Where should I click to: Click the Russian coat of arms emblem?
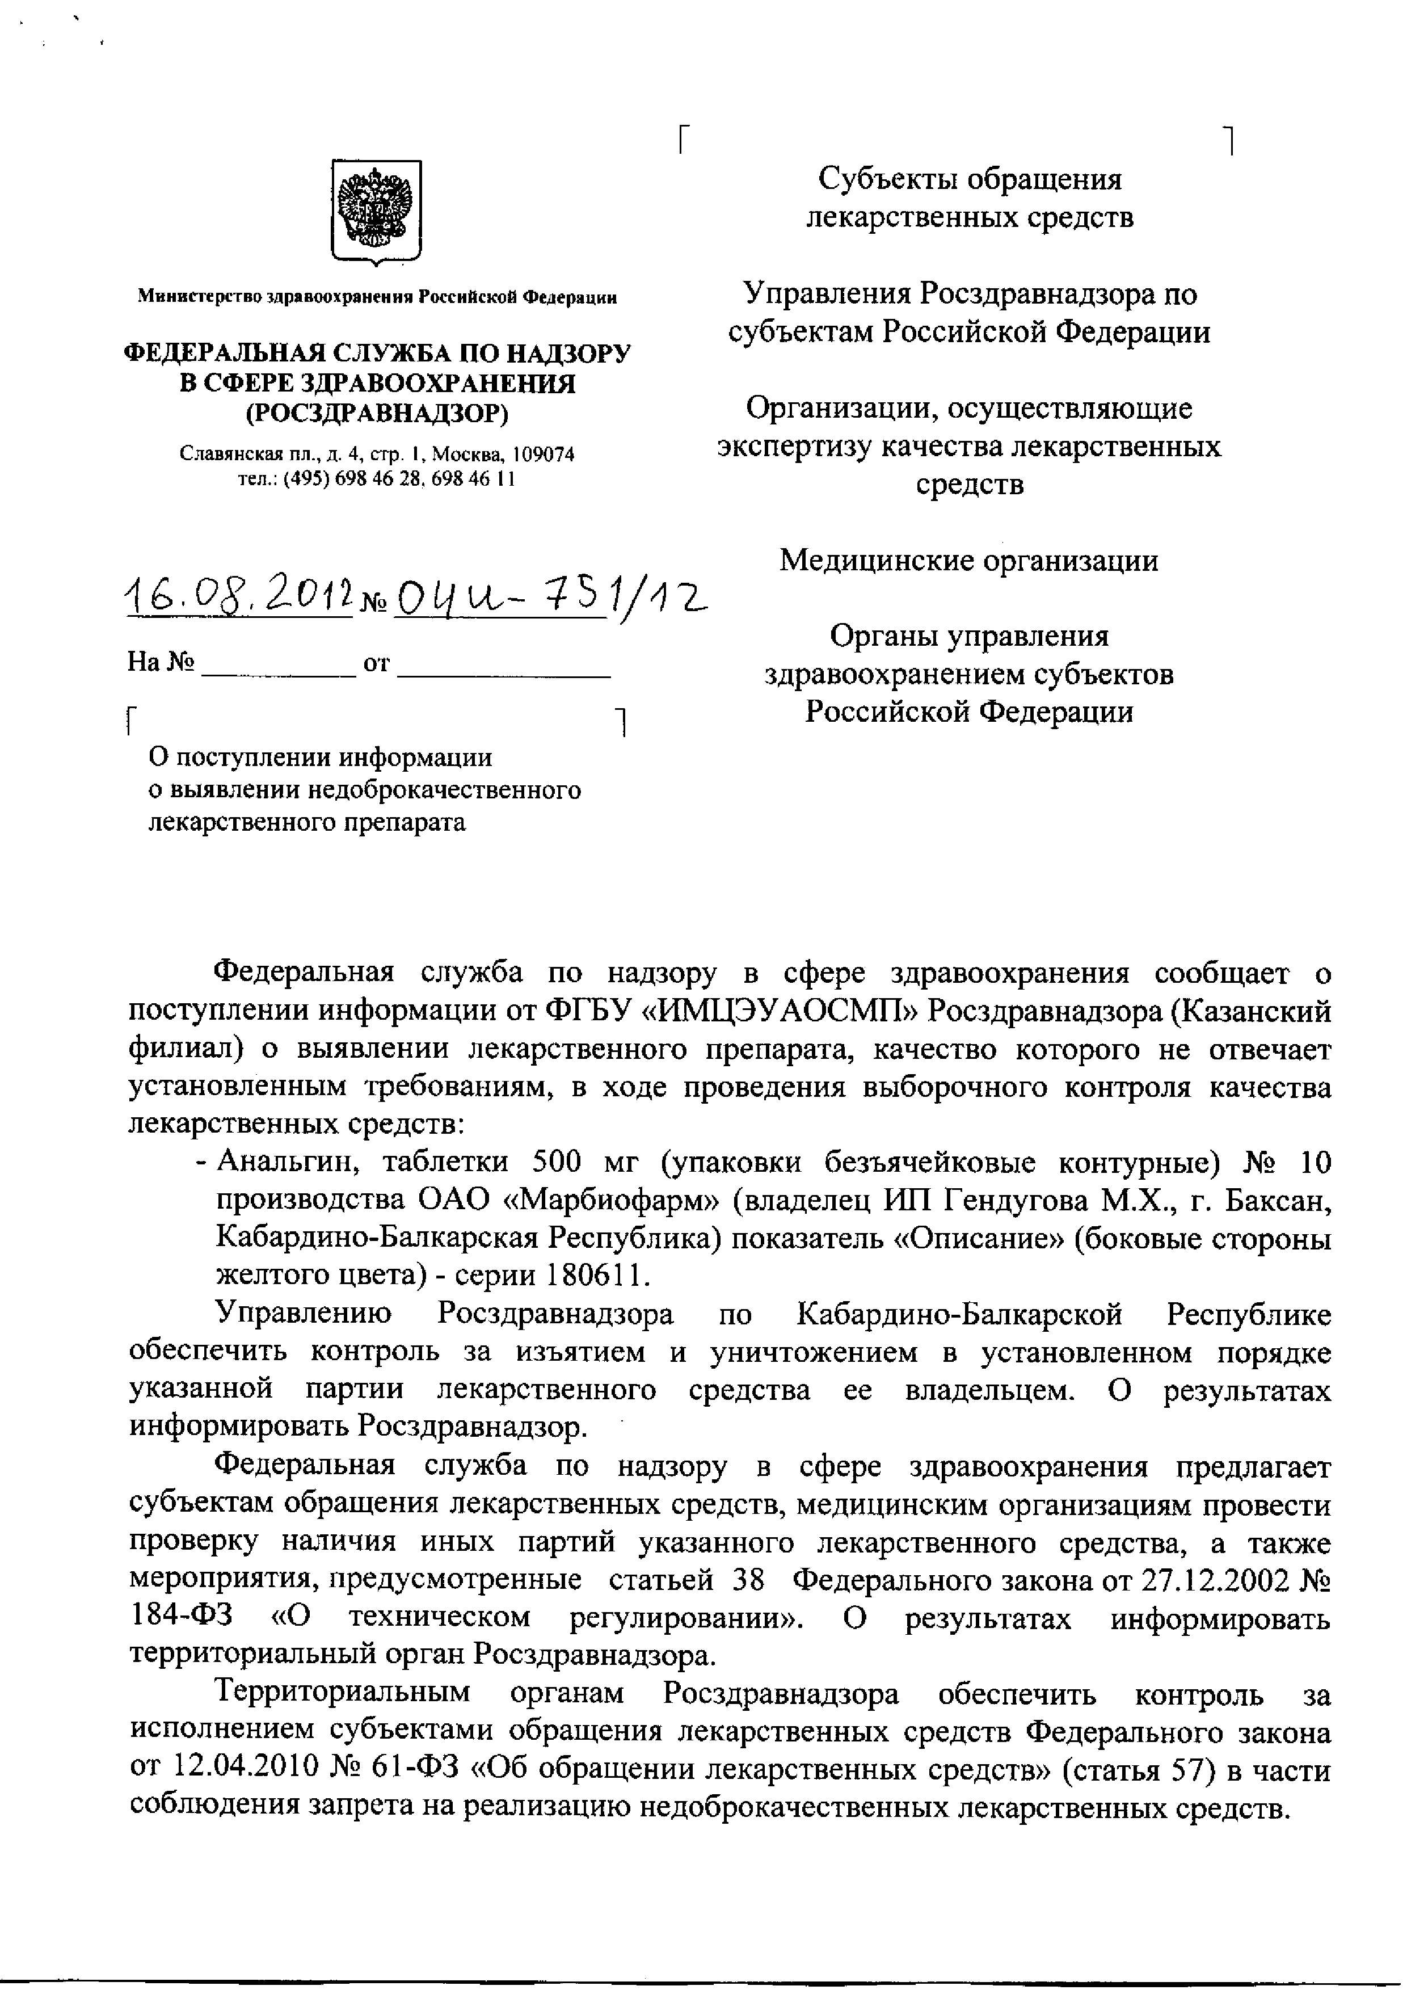377,212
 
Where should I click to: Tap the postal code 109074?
543,454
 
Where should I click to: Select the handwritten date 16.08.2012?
238,598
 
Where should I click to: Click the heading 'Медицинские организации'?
968,561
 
